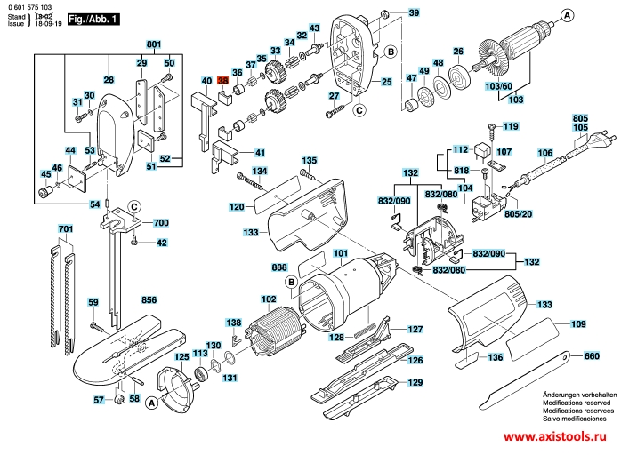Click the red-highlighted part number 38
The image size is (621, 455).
coord(222,81)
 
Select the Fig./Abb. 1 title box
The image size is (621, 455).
coord(94,18)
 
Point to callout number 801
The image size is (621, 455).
coord(154,44)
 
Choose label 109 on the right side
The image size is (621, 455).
coord(577,325)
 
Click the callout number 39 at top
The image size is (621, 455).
coord(414,12)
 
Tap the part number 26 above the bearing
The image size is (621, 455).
coord(459,50)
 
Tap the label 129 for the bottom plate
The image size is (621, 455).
coord(415,383)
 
